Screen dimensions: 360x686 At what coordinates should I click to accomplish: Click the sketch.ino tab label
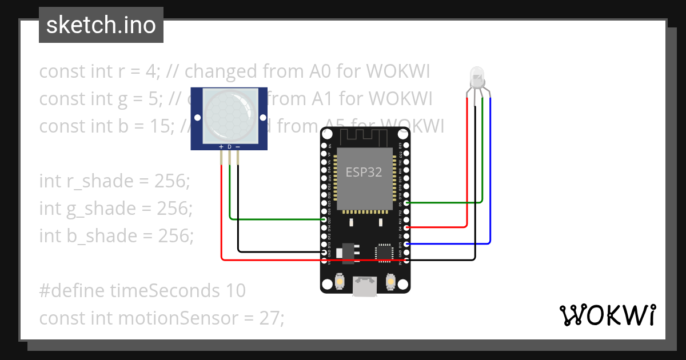coord(101,25)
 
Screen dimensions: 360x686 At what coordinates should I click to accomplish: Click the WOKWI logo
coord(607,315)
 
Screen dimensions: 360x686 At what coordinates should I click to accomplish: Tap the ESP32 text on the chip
coord(364,172)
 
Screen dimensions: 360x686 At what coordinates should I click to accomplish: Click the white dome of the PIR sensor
coord(229,113)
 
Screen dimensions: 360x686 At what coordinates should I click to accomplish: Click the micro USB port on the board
coord(365,286)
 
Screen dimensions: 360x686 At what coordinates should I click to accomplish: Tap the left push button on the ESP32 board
coord(340,282)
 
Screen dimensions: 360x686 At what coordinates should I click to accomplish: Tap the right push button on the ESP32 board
coord(391,282)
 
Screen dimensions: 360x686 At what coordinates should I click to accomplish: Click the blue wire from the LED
coord(490,171)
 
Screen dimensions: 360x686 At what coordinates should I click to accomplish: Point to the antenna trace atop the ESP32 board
coord(365,137)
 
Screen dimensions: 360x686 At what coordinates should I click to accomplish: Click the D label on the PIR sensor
coord(229,147)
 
